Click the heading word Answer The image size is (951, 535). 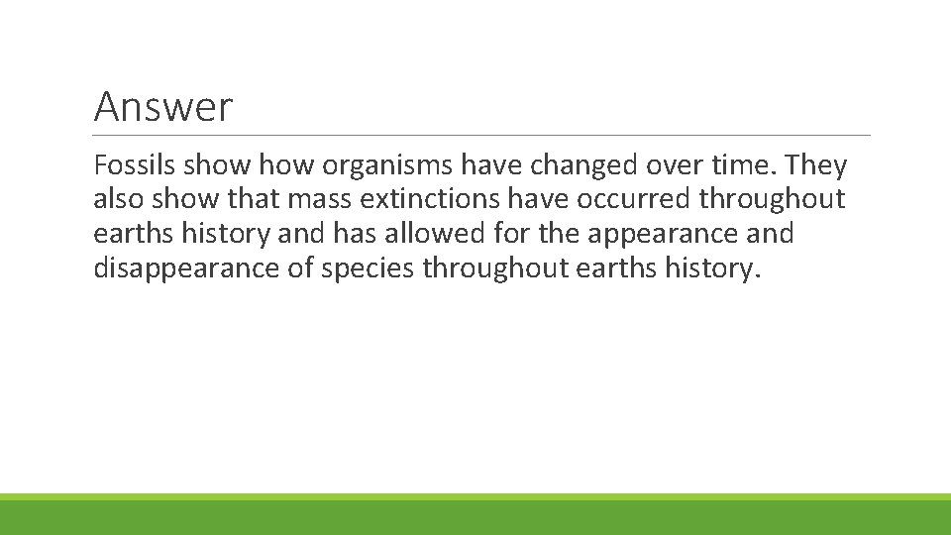[162, 106]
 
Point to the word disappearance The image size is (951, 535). [187, 267]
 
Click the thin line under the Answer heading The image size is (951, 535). [481, 135]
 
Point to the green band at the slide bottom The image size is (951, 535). [475, 516]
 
